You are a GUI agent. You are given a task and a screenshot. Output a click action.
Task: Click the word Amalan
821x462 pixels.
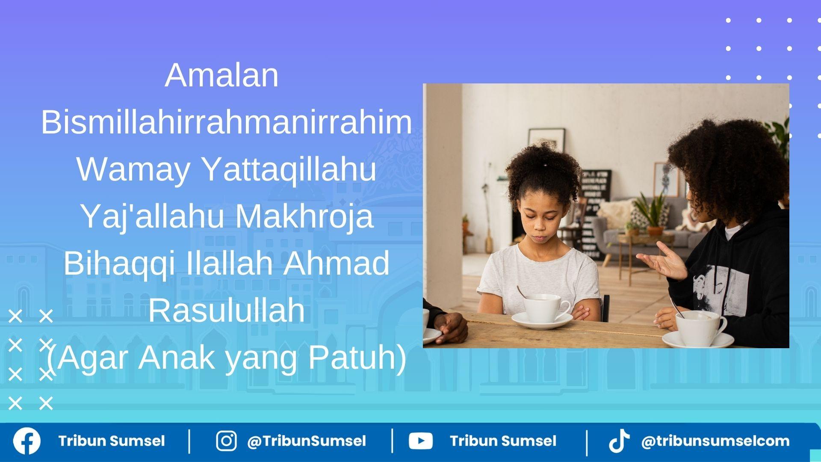221,75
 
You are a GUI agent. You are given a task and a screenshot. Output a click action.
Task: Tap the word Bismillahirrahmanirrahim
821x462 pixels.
227,122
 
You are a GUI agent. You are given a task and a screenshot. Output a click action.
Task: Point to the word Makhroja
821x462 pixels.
304,216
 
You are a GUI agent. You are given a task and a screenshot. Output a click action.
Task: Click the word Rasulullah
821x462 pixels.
227,311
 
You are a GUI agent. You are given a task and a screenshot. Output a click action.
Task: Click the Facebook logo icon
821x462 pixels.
27,441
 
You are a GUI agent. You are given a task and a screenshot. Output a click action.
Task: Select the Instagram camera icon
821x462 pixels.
226,441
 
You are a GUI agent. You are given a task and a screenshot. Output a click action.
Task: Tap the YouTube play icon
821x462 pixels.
421,441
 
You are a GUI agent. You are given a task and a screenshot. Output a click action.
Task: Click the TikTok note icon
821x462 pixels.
619,441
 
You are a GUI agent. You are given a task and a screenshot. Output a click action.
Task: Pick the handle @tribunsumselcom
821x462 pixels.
715,441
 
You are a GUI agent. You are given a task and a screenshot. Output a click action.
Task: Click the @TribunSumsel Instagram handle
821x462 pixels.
307,441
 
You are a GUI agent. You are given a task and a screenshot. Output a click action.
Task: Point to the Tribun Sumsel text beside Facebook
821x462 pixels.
112,441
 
